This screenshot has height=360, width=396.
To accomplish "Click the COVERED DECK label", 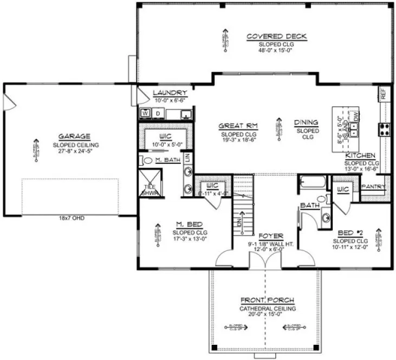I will click(x=276, y=36).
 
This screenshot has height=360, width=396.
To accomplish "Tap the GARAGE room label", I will click(x=75, y=137).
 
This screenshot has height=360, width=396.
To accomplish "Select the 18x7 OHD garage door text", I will click(x=70, y=218).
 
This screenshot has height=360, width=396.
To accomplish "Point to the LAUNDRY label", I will click(x=170, y=93).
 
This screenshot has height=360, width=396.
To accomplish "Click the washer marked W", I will click(x=145, y=113).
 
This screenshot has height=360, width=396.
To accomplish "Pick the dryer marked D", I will click(x=158, y=113).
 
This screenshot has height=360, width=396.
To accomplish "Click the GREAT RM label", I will click(x=238, y=126).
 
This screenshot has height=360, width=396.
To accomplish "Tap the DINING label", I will click(x=306, y=123).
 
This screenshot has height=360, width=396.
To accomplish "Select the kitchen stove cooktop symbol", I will click(x=385, y=129).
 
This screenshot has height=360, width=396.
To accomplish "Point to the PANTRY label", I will click(x=374, y=187).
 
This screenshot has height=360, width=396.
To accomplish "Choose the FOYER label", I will click(x=269, y=236).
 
